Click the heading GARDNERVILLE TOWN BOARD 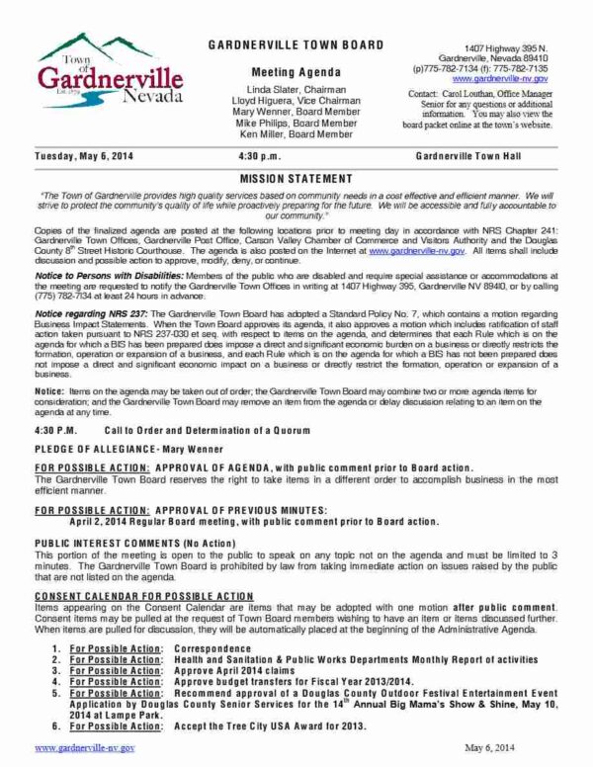(x=296, y=48)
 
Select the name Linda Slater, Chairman (x=296, y=89)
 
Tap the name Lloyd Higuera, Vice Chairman (x=296, y=101)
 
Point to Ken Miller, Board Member (x=296, y=136)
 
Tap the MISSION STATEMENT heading (x=296, y=179)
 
